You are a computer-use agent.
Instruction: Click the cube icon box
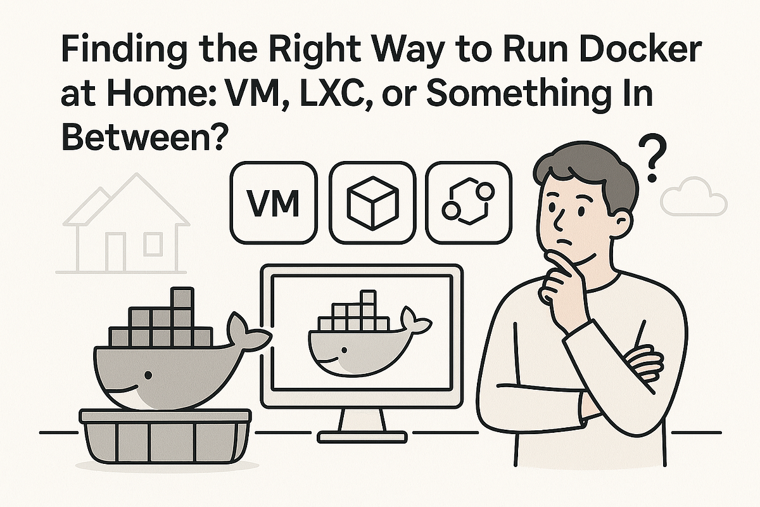pyautogui.click(x=372, y=202)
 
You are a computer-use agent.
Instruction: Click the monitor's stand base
pyautogui.click(x=362, y=436)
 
